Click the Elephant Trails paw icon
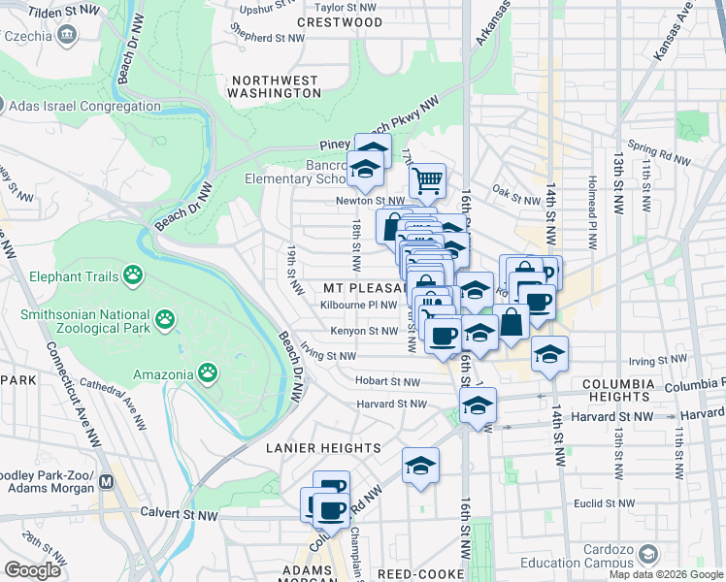click(132, 278)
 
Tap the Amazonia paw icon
click(207, 372)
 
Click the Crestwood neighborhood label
click(340, 21)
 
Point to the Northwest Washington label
click(275, 86)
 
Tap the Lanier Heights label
click(323, 448)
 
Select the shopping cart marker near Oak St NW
click(427, 180)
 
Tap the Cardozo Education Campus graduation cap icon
click(645, 554)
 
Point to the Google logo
click(33, 570)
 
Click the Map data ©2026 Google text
click(666, 574)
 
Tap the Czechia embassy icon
click(67, 36)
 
